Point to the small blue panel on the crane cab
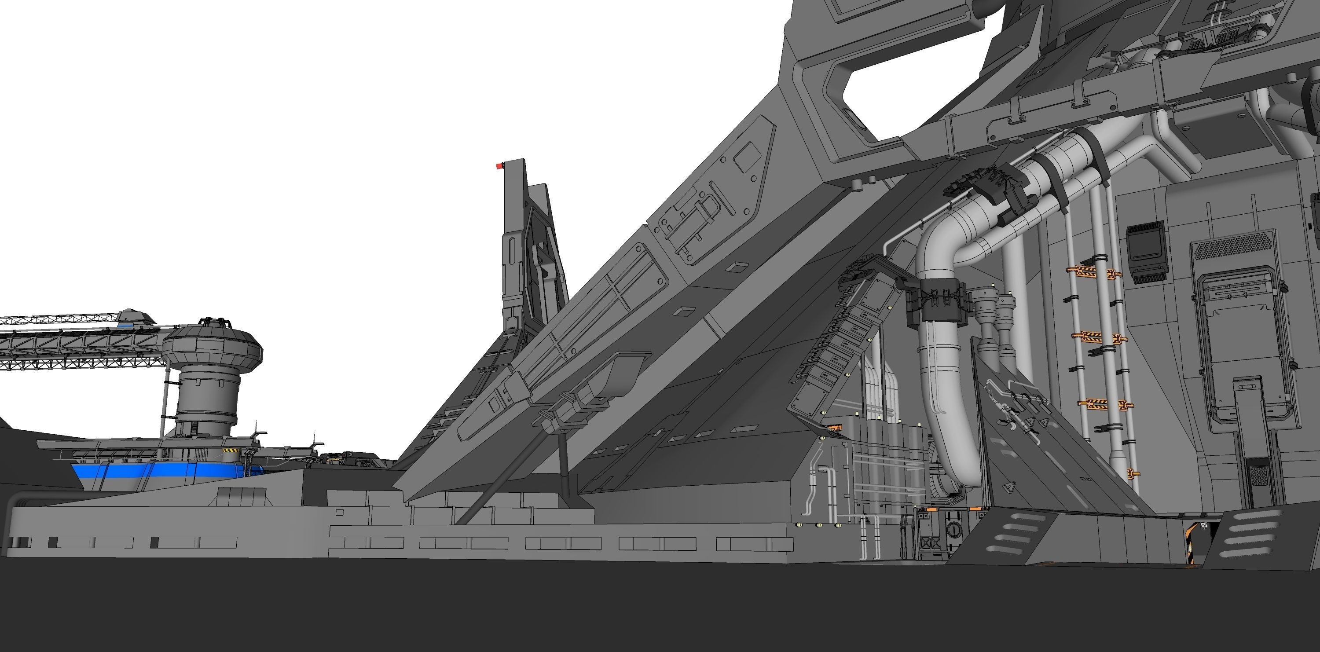click(x=125, y=324)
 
